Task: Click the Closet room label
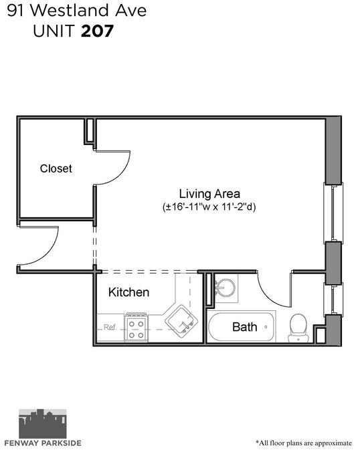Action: (x=56, y=168)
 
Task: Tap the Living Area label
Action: (x=209, y=194)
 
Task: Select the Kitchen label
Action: (x=128, y=292)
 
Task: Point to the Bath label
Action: (x=244, y=327)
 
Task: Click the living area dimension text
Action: (x=209, y=207)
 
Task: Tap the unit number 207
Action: (x=97, y=31)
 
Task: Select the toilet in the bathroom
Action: (x=298, y=328)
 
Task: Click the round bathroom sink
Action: (x=226, y=287)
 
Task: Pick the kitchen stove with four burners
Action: (x=136, y=327)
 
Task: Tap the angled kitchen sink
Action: (x=181, y=322)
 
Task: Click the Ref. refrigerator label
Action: (x=110, y=327)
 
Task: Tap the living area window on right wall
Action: (x=333, y=213)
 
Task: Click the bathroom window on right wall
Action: (x=333, y=300)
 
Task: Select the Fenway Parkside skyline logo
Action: (x=43, y=423)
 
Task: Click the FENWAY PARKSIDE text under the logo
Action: (x=43, y=443)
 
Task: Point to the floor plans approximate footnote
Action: (x=304, y=443)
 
